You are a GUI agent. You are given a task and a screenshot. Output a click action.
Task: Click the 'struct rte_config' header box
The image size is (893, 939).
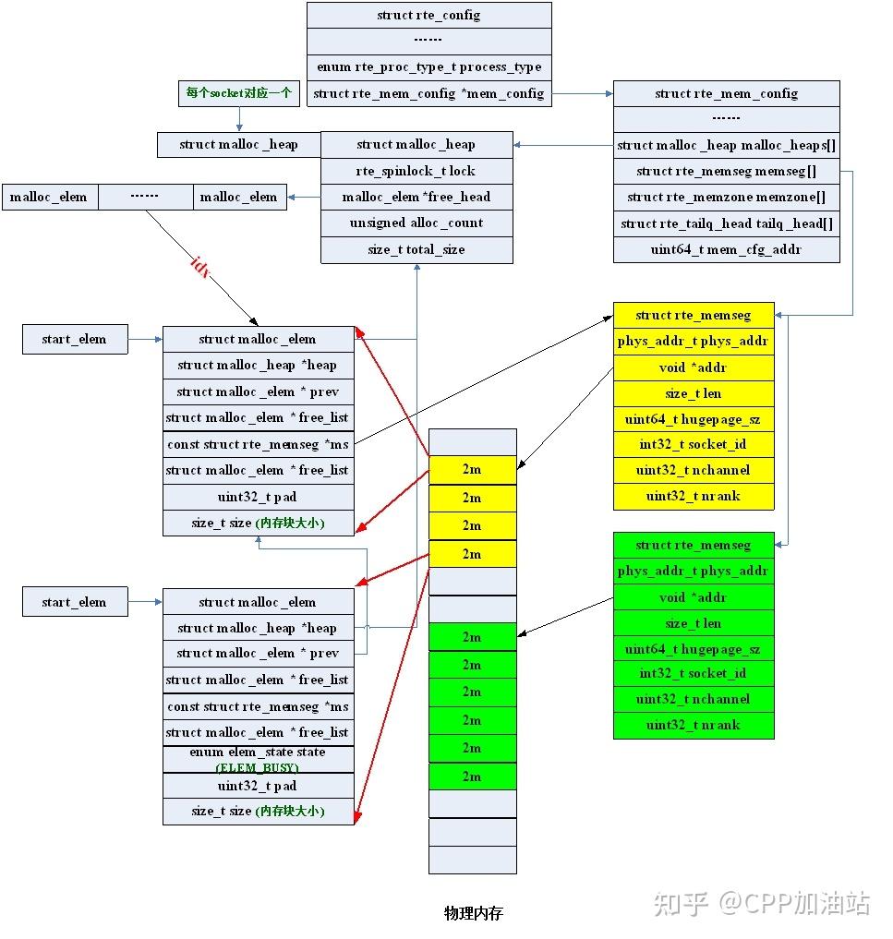coord(428,15)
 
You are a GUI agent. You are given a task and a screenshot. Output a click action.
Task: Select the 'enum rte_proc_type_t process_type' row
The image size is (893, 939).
coord(428,67)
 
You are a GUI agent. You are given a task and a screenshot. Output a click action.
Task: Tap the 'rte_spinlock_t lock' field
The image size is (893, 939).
coord(416,171)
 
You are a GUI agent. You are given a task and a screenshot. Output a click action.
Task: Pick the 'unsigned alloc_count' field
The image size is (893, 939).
coord(416,223)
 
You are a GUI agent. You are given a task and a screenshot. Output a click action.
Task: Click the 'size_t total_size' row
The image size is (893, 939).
coord(416,249)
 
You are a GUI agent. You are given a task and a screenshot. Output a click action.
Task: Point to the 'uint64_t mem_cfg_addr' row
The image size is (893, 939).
coord(727,249)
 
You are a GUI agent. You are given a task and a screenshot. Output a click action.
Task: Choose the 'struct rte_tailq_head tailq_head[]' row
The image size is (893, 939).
coord(727,223)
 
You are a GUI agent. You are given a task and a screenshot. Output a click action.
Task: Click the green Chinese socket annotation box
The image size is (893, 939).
coord(238,93)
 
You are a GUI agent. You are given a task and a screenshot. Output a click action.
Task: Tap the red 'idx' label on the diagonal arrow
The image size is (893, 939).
coord(199,268)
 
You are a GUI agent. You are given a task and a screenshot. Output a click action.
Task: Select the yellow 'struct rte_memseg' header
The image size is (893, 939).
coord(694,316)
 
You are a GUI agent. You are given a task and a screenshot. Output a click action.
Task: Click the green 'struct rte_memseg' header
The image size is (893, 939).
coord(694,545)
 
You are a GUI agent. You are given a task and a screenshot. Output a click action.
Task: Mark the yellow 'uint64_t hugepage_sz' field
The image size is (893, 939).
coord(694,419)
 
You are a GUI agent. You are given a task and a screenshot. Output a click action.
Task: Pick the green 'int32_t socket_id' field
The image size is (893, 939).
coord(694,673)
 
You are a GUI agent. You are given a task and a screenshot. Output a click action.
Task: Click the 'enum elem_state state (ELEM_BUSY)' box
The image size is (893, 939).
coord(258,759)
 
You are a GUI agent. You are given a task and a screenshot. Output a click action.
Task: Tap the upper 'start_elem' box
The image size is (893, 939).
coord(74,339)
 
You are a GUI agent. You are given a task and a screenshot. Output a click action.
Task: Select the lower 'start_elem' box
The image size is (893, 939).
coord(74,602)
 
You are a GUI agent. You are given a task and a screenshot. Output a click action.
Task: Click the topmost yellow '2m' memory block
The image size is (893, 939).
coord(472,469)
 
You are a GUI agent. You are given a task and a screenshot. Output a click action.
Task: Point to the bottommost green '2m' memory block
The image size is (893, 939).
coord(472,776)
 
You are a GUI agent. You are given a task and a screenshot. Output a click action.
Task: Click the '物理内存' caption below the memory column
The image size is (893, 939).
coord(473,913)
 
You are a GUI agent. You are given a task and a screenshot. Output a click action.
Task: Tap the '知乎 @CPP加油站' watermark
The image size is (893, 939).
coord(762,902)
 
